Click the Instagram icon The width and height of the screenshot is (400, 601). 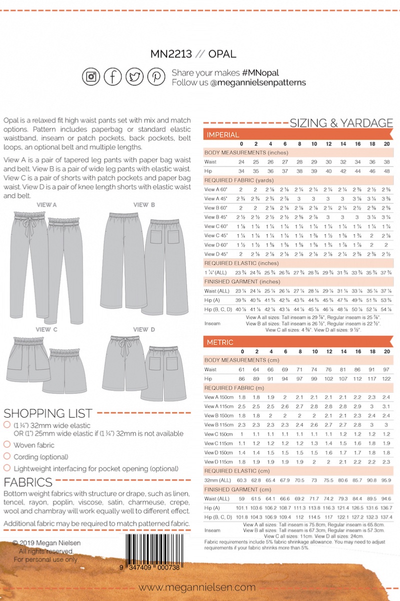click(x=91, y=77)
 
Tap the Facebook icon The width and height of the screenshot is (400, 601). click(x=113, y=77)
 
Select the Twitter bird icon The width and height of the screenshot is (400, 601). click(x=134, y=77)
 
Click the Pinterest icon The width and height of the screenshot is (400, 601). click(x=156, y=77)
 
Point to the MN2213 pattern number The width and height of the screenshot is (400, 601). click(x=171, y=54)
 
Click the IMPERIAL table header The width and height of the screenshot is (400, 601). click(x=223, y=135)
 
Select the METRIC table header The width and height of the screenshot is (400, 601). click(x=220, y=342)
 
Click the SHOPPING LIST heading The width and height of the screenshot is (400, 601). click(x=48, y=414)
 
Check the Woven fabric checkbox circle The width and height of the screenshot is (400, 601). click(x=7, y=444)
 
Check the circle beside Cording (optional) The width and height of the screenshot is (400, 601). click(x=7, y=456)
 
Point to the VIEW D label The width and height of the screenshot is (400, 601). click(x=144, y=330)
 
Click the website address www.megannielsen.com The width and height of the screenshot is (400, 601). click(x=197, y=587)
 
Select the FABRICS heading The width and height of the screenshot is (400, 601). click(x=28, y=483)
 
